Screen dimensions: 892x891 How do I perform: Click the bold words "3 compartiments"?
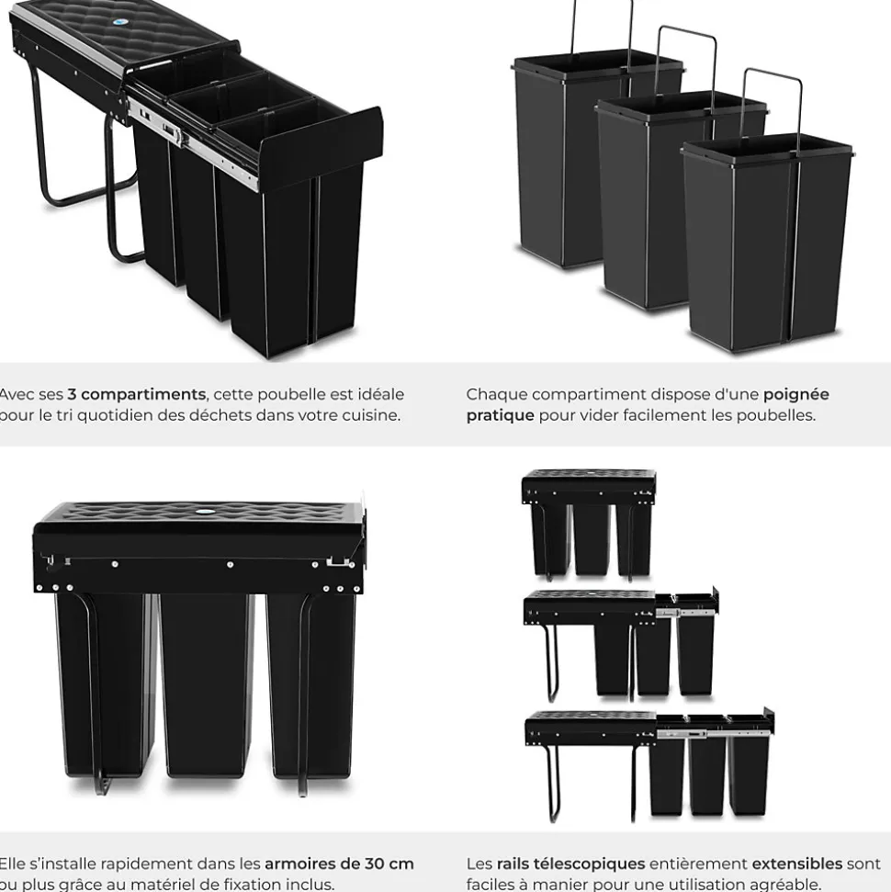pos(136,394)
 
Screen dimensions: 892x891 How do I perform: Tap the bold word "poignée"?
pos(795,394)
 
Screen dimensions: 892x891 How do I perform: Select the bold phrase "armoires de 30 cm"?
pos(339,864)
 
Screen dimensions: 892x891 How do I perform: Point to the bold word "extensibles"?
pos(796,864)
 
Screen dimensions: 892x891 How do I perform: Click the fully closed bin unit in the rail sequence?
pos(588,524)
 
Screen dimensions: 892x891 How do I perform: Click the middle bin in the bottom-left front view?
pos(206,680)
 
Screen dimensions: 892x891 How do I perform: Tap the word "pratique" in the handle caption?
pos(500,414)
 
